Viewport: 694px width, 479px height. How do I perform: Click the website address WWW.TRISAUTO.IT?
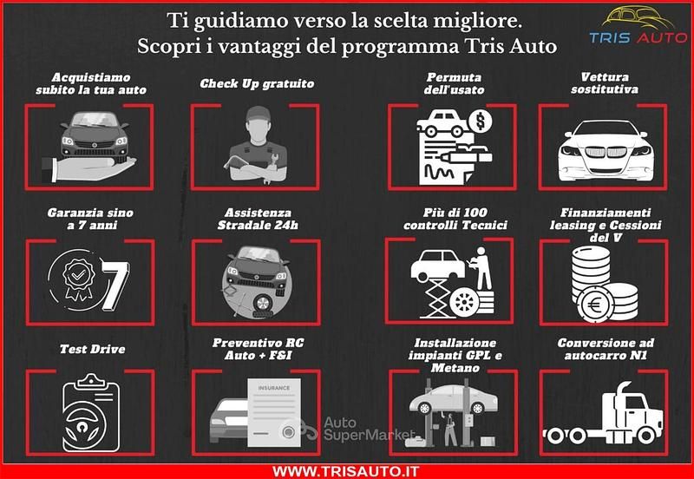tap(346, 469)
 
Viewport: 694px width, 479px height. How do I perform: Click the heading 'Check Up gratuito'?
tap(257, 84)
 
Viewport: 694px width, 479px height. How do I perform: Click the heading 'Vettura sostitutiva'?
tap(605, 83)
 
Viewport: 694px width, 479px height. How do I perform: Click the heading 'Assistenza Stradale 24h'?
tap(256, 219)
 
